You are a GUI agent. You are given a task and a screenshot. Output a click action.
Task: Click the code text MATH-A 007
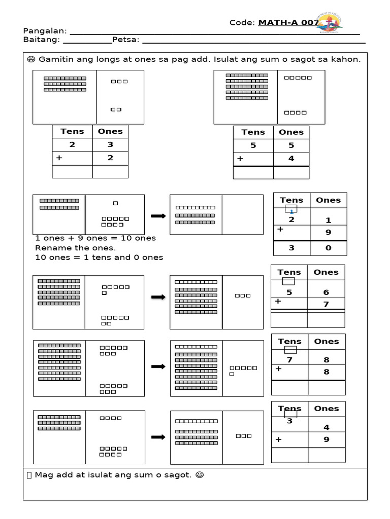coord(288,22)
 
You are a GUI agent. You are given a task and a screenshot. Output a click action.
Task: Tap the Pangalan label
coord(42,31)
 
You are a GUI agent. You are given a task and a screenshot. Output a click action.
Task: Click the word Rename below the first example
coord(52,248)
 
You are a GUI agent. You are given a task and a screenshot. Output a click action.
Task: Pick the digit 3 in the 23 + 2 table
coord(110,144)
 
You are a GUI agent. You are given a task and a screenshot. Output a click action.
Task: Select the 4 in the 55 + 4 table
coord(291,159)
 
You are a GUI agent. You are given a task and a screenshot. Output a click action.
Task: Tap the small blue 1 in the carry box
coord(291,211)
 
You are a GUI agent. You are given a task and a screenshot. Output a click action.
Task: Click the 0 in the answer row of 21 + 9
coord(328,248)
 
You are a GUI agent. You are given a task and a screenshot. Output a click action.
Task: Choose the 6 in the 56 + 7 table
coord(326,292)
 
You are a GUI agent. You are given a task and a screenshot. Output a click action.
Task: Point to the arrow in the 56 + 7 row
coord(158,297)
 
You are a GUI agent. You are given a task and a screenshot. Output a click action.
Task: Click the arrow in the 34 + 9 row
coord(158,437)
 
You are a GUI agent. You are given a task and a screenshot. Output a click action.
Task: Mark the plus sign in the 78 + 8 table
coord(278,369)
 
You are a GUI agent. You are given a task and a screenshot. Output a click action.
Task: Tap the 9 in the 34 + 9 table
coord(327,439)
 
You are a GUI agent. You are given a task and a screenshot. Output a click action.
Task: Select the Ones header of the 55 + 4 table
coord(291,132)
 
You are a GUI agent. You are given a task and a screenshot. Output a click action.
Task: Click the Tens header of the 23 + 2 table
coord(72,131)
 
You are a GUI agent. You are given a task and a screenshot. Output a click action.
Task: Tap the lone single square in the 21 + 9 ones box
coord(115,203)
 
